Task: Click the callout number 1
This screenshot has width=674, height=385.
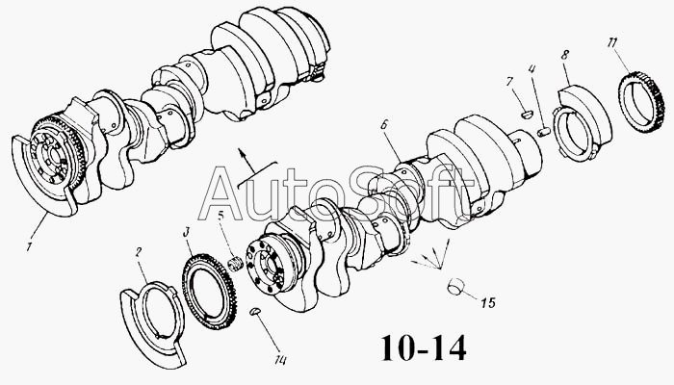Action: coord(29,247)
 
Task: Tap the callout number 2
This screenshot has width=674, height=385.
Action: coord(139,252)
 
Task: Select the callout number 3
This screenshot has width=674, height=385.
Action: coord(186,233)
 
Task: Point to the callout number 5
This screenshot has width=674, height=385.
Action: coord(220,216)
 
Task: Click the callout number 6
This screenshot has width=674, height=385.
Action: coord(384,124)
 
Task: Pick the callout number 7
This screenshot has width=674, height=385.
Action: coord(510,82)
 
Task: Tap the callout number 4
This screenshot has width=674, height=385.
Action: coord(532,68)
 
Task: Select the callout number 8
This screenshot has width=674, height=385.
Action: coord(565,55)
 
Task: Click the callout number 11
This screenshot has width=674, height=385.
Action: coord(612,42)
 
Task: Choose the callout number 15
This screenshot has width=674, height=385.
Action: coord(488,303)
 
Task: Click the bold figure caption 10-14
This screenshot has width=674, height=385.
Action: coord(424,348)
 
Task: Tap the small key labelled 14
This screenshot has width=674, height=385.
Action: coord(255,311)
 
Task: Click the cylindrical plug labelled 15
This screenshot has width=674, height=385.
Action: coord(456,287)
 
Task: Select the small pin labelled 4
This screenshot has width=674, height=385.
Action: coord(544,131)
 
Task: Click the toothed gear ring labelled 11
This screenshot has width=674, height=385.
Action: coord(642,102)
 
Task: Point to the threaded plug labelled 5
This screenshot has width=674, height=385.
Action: coord(235,264)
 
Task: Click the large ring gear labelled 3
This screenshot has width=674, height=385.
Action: coord(209,292)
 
